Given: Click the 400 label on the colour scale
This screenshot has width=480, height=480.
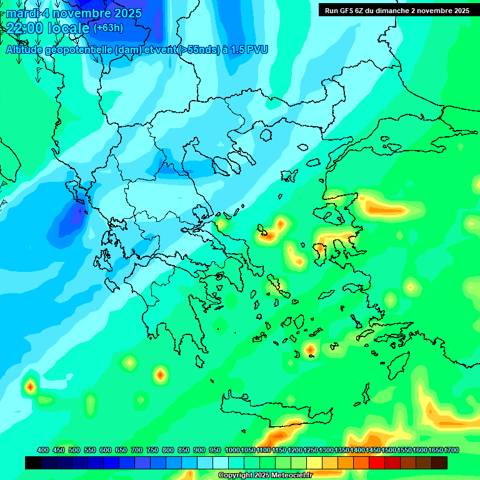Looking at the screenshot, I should click(43, 450).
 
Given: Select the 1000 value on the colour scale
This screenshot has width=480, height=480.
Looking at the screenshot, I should click(232, 450).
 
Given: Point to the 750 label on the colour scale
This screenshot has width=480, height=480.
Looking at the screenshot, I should click(152, 450).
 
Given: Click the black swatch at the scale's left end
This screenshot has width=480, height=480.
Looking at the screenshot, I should click(33, 462).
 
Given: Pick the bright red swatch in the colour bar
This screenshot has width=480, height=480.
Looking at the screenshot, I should click(376, 462).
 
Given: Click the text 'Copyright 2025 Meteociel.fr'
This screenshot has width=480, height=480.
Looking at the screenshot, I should click(265, 476).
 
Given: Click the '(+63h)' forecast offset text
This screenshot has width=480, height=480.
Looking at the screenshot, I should click(108, 27).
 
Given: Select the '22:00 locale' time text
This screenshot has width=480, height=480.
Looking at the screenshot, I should click(47, 27).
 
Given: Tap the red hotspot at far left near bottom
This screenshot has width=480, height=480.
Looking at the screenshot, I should click(30, 387).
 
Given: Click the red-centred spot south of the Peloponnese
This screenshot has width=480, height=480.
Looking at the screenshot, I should click(161, 375).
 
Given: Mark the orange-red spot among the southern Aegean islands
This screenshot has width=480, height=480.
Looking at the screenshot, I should click(310, 350).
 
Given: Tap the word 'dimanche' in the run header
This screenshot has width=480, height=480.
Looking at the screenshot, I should click(387, 11).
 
